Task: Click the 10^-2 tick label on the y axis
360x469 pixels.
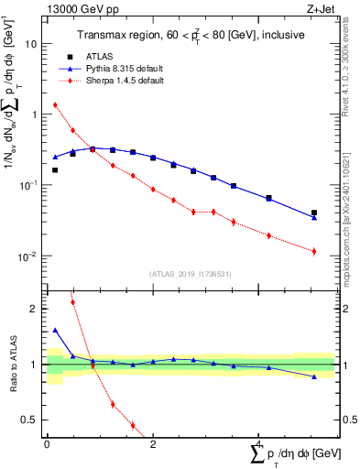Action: point(29,256)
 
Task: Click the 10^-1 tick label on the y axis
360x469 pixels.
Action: point(29,185)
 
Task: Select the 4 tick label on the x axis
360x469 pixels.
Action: point(259,443)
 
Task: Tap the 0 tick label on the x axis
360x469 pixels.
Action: point(47,443)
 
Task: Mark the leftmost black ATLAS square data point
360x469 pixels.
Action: point(55,169)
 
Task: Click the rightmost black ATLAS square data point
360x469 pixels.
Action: point(314,213)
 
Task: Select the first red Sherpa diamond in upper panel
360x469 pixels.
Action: point(55,104)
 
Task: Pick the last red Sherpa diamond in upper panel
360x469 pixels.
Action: point(314,251)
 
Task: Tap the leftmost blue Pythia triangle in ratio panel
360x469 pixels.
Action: point(55,330)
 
